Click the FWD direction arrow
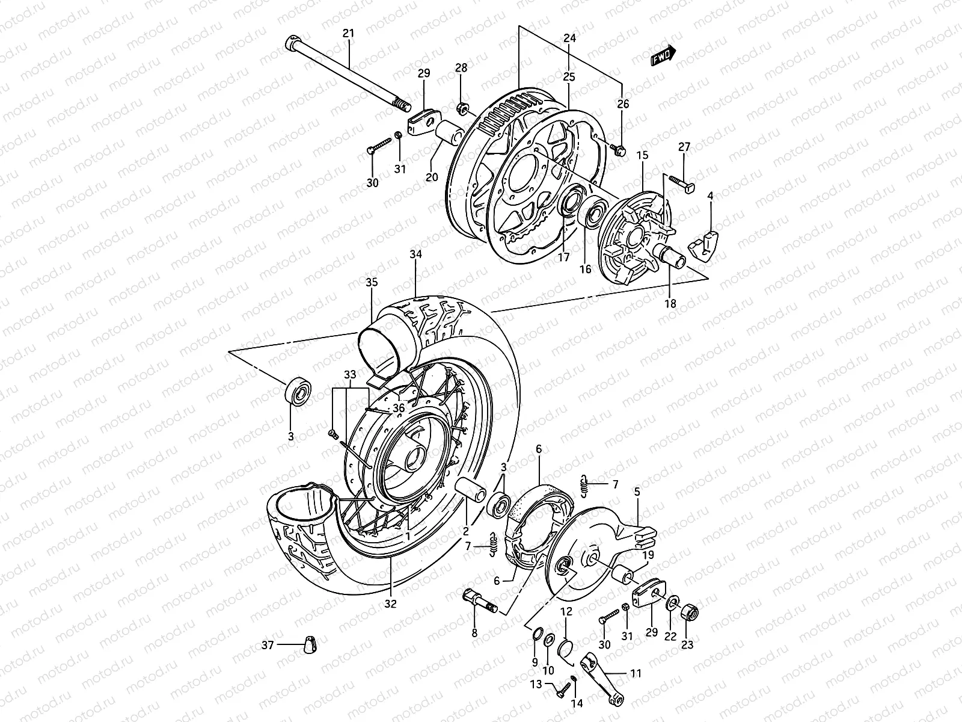664,55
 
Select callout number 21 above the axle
348,34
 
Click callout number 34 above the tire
416,255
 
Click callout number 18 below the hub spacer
670,304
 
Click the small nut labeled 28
463,110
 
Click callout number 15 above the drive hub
642,156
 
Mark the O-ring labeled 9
538,631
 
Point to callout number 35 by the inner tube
371,282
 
